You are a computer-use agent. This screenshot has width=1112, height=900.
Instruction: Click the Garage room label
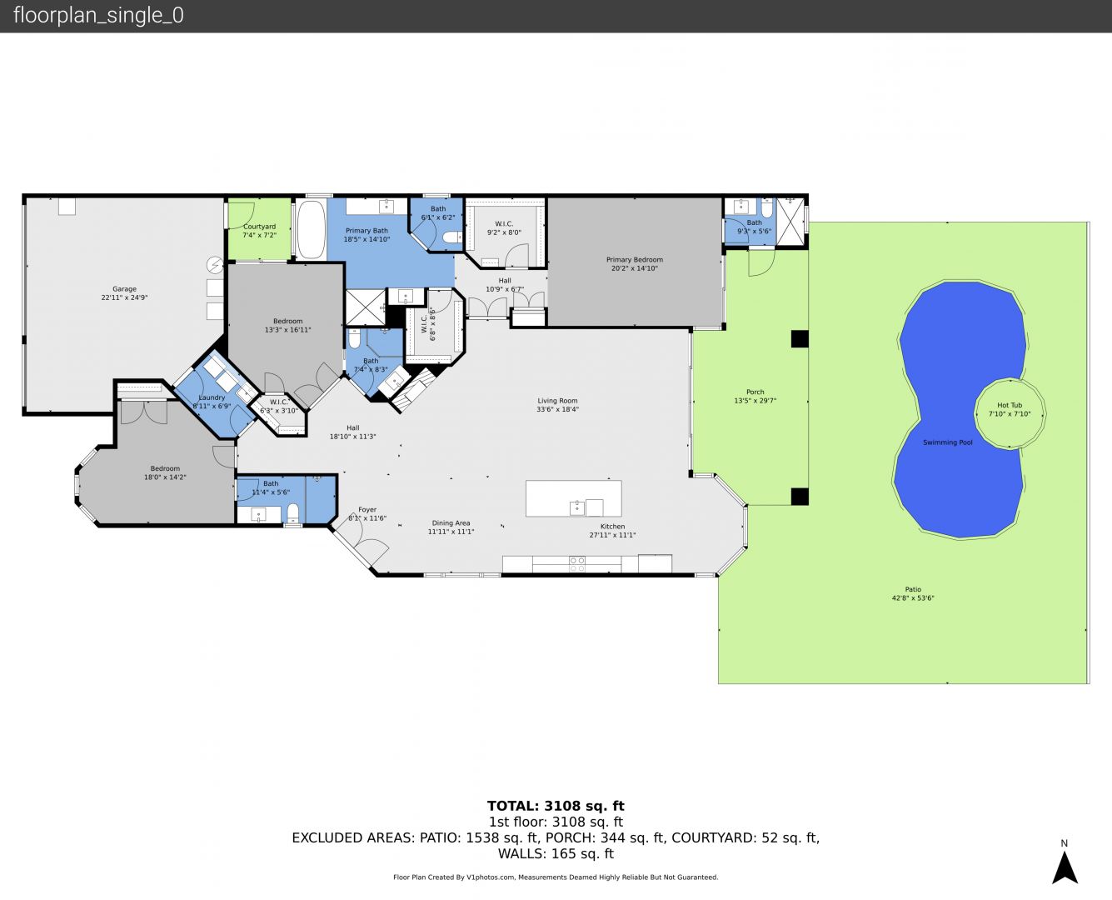coord(124,289)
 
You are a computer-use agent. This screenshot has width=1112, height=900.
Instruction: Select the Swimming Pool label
coord(948,442)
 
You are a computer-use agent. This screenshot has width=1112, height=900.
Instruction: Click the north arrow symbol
coord(1065,867)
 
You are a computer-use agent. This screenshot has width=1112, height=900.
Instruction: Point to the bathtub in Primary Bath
coord(311,229)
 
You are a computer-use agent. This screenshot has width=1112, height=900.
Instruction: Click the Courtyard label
coord(260,226)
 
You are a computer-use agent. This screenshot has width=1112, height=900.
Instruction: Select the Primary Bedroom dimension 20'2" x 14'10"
coord(635,268)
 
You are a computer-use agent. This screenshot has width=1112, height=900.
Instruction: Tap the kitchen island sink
coord(577,507)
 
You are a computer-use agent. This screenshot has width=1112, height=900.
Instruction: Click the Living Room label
coord(557,401)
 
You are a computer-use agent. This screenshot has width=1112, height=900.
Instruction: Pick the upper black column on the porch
coord(800,339)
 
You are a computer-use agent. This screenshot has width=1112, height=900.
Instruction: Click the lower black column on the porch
coord(800,496)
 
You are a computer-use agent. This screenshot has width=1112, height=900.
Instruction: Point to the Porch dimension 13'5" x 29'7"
coord(755,401)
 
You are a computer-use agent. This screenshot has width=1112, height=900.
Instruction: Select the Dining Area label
coord(451,522)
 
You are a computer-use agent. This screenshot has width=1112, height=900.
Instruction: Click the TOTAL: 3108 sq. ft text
coord(556,806)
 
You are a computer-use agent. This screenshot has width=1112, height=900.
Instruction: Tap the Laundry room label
coord(212,397)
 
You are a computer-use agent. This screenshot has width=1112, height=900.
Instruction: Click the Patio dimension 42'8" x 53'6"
coord(913,598)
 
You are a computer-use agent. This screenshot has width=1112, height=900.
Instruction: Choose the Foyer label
coord(367,509)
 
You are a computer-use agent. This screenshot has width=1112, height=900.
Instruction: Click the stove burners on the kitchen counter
coord(577,564)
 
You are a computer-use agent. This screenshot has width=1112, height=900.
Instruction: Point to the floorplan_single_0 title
coord(98,15)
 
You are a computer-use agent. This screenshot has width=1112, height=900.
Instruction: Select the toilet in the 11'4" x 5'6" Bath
coord(293,513)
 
